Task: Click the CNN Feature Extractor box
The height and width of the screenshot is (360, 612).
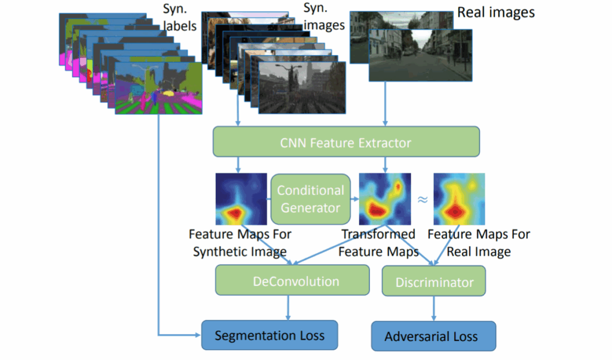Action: coord(346,142)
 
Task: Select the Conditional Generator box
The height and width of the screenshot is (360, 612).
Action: coord(310,199)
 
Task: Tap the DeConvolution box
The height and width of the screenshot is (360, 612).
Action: coord(292,281)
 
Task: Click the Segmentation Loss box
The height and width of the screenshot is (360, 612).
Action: coord(270,335)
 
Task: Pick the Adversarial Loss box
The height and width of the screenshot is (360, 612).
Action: coord(433,336)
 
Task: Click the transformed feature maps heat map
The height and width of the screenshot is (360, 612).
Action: coord(384,199)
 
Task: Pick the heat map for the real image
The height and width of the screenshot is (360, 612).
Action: coord(458,199)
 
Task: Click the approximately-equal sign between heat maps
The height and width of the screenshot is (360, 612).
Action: coord(422,199)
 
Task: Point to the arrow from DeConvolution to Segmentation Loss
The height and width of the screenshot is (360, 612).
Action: coord(289,307)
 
